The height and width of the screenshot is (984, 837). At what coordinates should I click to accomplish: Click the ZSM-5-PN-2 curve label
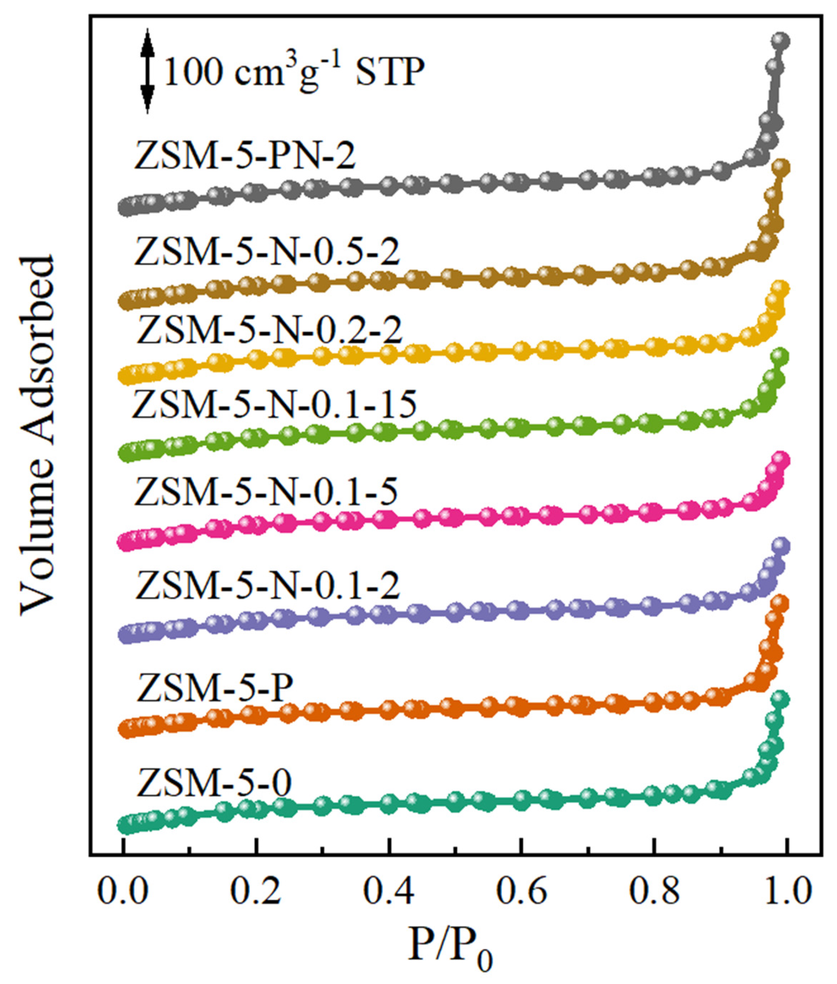tap(244, 157)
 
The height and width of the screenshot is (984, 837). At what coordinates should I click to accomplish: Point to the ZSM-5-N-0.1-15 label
tap(275, 405)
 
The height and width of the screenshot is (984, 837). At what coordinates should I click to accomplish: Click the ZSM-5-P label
tap(214, 688)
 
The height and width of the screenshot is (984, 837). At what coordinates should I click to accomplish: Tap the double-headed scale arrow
tap(148, 71)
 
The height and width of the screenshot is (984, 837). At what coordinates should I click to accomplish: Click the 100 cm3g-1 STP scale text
tap(293, 71)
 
